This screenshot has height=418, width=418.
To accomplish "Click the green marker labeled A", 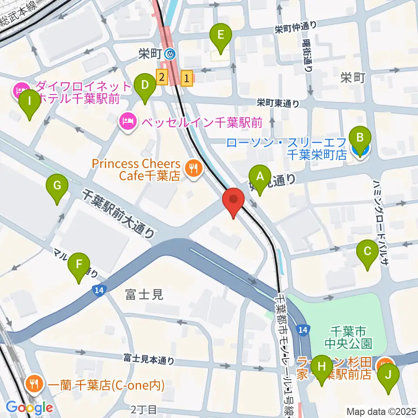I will (260, 177).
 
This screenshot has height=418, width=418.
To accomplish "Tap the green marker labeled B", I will (360, 138).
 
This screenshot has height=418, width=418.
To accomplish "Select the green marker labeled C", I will (367, 251).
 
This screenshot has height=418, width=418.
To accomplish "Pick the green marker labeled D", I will (145, 84).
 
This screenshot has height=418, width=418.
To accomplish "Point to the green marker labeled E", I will (220, 34).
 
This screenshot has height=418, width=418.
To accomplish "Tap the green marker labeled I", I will (30, 101).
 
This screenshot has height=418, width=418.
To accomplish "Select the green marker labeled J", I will (388, 374).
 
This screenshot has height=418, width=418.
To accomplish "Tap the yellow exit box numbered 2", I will (162, 78).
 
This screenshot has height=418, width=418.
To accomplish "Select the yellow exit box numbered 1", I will (187, 79).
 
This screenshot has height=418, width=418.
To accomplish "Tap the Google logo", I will (29, 408).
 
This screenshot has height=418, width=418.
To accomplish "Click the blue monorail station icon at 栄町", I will (170, 54).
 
